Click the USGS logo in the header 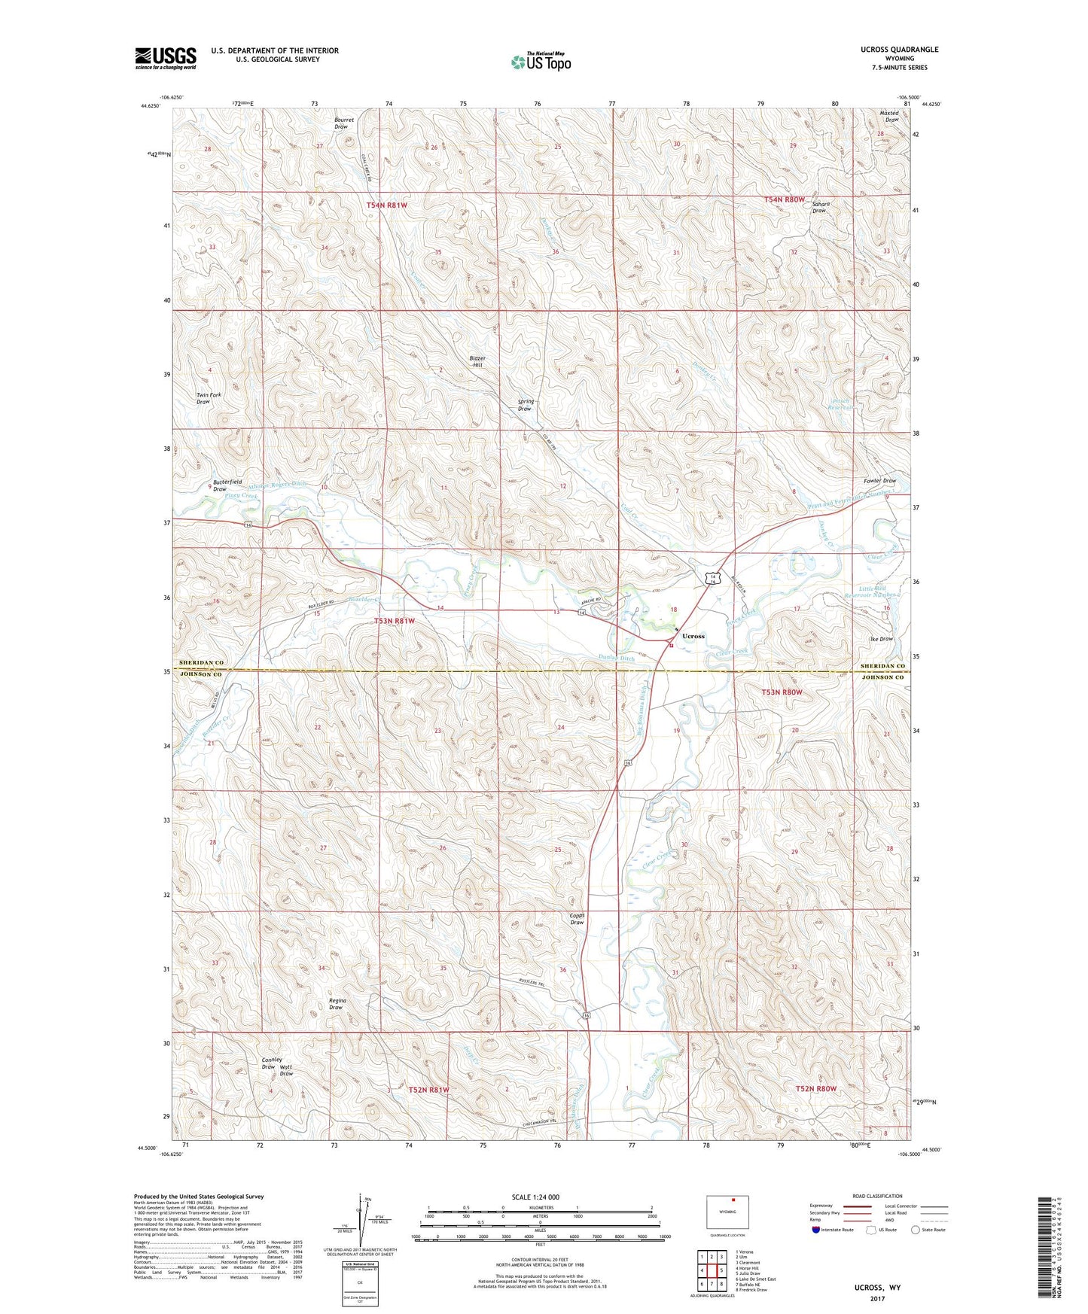[166, 57]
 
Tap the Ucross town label [693, 636]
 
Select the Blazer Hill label [477, 362]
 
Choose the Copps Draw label [577, 919]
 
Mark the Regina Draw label [336, 1004]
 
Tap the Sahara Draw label [820, 207]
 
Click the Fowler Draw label [879, 480]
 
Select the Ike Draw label [881, 639]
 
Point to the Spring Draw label [525, 405]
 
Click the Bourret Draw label [341, 123]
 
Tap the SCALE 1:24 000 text [535, 1197]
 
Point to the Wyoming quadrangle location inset [727, 1212]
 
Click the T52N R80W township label [816, 1088]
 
